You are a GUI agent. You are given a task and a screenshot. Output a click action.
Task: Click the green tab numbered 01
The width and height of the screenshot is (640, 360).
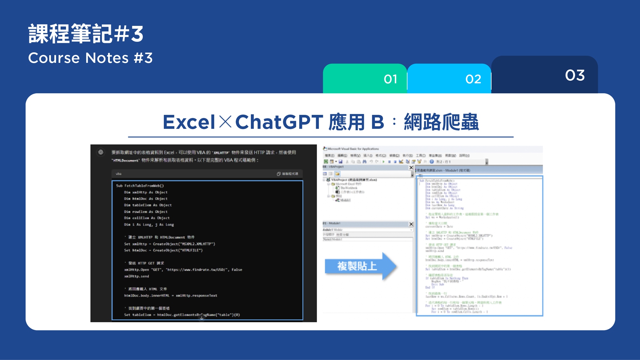point(365,79)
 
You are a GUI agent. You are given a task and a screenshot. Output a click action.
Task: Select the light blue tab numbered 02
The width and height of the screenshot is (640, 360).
point(449,79)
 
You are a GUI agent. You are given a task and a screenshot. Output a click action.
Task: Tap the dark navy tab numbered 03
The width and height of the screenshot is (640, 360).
point(544,75)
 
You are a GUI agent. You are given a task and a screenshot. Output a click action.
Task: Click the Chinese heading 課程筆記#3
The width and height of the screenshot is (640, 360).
point(86,34)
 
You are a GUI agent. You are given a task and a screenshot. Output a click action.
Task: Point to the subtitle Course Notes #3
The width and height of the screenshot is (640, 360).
point(90,58)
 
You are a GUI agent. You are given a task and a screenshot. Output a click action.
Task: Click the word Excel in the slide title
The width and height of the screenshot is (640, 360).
point(189,122)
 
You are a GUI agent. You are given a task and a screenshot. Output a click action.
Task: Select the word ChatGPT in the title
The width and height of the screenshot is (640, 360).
point(279,122)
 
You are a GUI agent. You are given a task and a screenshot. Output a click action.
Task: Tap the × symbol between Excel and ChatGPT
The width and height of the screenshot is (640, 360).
point(225,122)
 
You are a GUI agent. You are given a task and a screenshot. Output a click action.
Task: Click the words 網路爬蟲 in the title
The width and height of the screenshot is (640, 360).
point(441,122)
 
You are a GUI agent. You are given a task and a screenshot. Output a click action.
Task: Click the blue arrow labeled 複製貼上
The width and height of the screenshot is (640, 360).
point(360,266)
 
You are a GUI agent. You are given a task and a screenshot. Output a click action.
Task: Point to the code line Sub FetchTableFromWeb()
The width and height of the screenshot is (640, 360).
point(140,186)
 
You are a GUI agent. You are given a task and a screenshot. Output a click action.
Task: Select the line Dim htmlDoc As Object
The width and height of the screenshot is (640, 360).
point(146,199)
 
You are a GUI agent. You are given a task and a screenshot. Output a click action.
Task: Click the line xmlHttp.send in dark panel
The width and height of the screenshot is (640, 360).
point(137,276)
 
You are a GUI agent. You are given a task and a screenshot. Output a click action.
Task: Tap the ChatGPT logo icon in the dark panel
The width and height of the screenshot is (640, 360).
point(101,152)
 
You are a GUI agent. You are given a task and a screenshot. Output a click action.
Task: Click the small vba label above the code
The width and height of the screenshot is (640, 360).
point(118,174)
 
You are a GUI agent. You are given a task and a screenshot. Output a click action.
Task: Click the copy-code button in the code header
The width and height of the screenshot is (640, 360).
point(287,174)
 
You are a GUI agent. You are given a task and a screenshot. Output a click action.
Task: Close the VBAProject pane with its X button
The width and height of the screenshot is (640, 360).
point(411,167)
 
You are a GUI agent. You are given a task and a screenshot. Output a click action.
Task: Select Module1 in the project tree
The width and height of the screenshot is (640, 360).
point(345,200)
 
